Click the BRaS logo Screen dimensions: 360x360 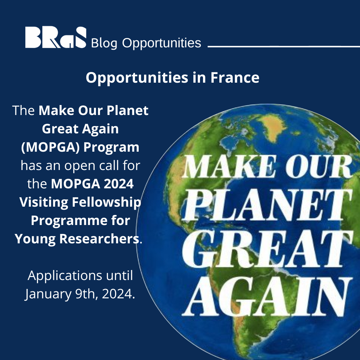56,38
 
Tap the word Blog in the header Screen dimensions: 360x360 104,43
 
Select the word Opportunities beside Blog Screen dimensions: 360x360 162,43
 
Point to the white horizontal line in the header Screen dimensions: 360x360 283,46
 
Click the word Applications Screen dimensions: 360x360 64,276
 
